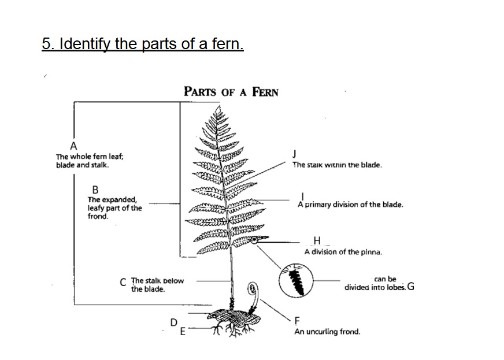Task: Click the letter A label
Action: pos(73,145)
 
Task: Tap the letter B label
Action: pos(95,189)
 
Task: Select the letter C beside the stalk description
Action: pos(123,283)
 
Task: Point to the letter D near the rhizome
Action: pos(173,322)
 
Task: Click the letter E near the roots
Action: pos(183,331)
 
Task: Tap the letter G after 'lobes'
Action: pos(410,285)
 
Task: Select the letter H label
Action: pos(316,241)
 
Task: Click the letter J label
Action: pos(295,154)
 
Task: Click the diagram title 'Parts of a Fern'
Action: pos(231,91)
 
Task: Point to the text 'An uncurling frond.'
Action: pos(327,332)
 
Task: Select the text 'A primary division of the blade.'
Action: pos(350,205)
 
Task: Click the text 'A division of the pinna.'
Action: pos(343,251)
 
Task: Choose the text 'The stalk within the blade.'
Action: pos(336,165)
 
